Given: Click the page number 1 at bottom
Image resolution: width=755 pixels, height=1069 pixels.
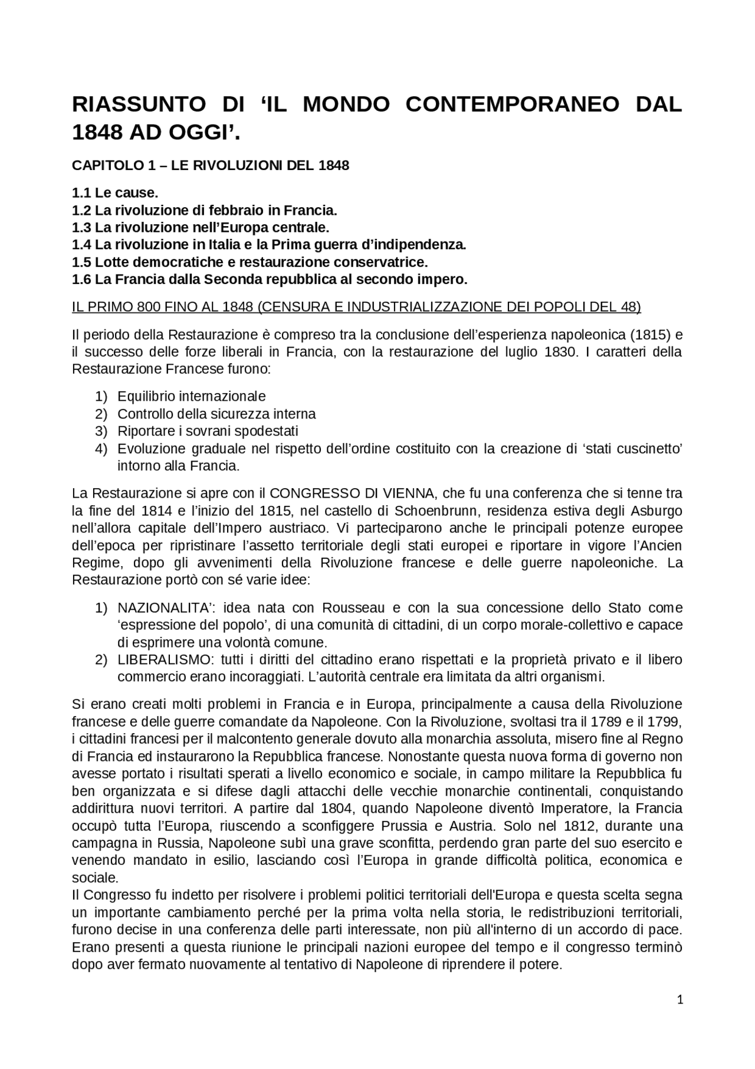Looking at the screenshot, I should [680, 999].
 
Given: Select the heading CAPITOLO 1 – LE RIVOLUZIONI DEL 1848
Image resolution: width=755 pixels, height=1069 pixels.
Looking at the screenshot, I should [211, 165].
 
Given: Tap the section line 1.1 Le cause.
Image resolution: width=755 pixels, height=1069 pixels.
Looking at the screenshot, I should [115, 193].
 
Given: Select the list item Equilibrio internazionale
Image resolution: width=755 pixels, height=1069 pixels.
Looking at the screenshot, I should [191, 396].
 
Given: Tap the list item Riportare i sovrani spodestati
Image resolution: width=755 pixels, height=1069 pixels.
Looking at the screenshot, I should [208, 431].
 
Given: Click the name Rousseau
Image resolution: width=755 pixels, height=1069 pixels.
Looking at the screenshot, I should [353, 607].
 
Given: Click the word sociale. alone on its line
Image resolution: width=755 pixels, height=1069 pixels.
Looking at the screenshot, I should [95, 877].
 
